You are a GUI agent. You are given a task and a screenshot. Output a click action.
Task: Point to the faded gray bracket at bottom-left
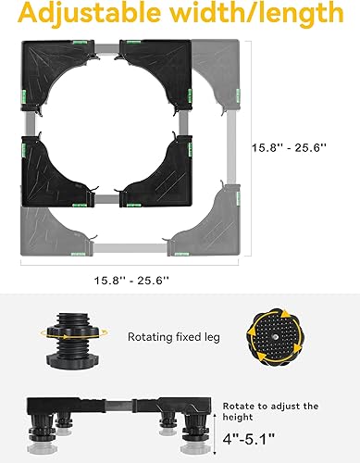click(x=56, y=222)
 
